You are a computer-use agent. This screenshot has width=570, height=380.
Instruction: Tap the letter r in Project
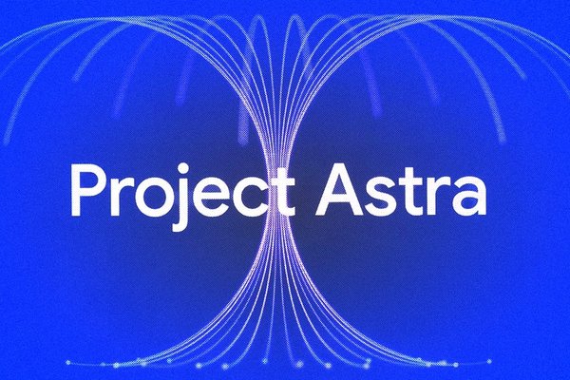tap(118, 197)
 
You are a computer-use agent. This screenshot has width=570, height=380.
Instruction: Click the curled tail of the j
tap(178, 228)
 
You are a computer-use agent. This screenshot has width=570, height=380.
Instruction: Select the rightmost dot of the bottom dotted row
tap(489, 361)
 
